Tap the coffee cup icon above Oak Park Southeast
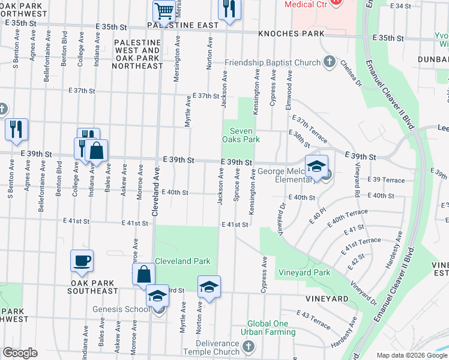click(x=82, y=261)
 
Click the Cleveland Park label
click(x=182, y=261)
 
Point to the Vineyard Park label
click(x=304, y=272)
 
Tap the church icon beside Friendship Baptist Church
click(x=328, y=62)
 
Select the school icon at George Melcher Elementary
click(x=316, y=167)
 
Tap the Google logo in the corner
click(x=20, y=353)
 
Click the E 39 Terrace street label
click(x=388, y=180)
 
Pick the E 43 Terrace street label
click(x=313, y=320)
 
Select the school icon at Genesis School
click(x=157, y=296)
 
